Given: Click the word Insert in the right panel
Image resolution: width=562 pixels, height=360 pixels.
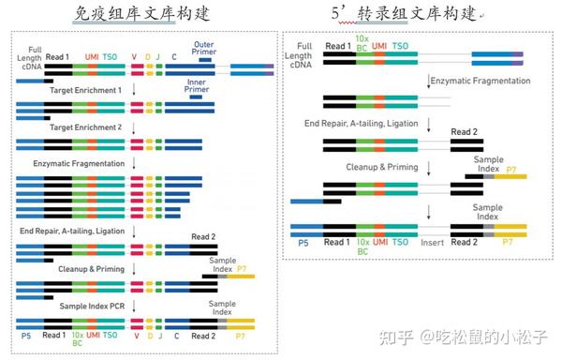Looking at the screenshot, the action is [432, 242].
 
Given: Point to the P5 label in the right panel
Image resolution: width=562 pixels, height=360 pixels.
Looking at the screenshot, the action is [303, 242].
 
